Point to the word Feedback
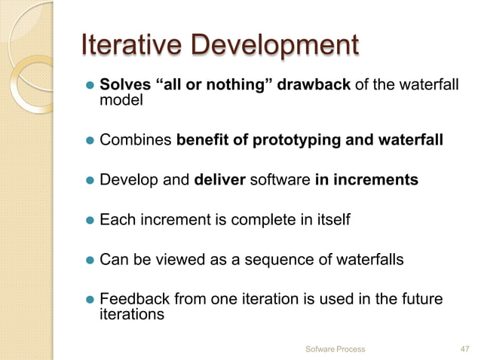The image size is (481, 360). coord(134,300)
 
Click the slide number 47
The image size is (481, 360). coord(465,349)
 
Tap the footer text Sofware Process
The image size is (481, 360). coord(335,349)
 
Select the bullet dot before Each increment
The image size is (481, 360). coord(87,221)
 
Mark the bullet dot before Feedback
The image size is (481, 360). coord(87,301)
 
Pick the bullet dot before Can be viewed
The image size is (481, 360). coord(87,261)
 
